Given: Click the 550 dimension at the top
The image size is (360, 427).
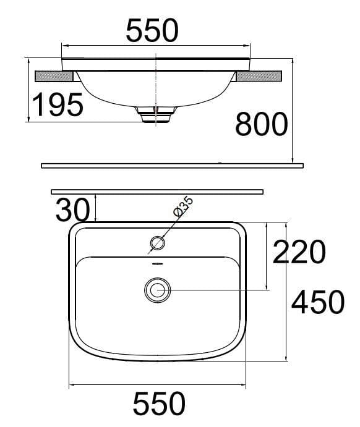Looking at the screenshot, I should click(152, 30).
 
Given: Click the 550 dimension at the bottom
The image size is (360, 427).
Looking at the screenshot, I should click(159, 404).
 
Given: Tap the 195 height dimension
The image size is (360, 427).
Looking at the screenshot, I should click(58, 104).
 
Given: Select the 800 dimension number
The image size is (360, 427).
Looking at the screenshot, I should click(261, 125).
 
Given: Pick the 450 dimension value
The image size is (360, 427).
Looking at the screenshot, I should click(317, 302).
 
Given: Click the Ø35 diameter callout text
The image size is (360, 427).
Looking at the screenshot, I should click(184, 206).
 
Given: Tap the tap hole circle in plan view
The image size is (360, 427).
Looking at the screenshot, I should click(158, 243).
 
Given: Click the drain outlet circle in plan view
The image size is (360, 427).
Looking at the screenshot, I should click(158, 289).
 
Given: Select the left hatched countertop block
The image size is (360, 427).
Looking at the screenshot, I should click(54, 77).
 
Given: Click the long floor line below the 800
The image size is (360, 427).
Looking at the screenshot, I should click(173, 166).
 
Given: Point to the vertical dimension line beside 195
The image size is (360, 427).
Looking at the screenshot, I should click(29, 90).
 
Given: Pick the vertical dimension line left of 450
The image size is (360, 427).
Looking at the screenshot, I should click(288, 290).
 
